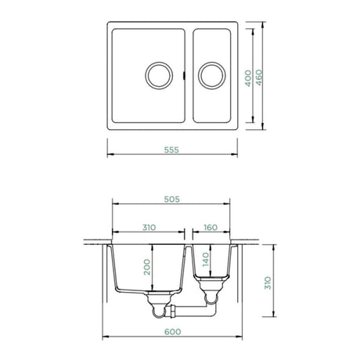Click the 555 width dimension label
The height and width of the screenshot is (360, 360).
tap(171, 150)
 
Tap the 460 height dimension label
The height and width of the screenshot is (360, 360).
tap(259, 77)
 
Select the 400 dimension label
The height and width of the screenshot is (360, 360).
tap(248, 78)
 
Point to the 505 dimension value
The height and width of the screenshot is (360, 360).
tap(172, 200)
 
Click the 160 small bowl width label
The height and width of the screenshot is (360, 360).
tap(211, 228)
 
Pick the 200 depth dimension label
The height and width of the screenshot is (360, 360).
tap(147, 267)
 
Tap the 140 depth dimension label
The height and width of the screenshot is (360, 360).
tap(206, 259)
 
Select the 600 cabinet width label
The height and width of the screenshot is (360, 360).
tap(172, 332)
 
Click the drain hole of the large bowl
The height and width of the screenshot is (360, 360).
tap(159, 75)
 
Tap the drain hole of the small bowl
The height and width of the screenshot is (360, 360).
tap(212, 75)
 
